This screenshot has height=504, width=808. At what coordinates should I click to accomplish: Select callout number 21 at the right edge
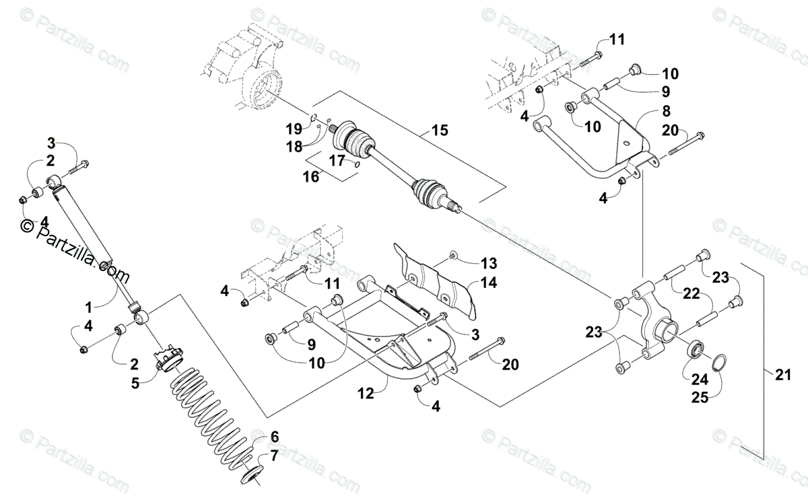[781, 376]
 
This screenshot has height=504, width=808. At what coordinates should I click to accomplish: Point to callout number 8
[647, 111]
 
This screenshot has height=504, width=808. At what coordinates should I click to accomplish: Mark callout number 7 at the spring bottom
[273, 457]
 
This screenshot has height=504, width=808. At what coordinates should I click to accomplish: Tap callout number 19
[292, 128]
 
